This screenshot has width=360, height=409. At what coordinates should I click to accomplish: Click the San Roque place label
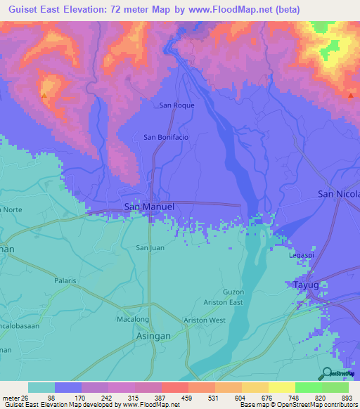[176, 105]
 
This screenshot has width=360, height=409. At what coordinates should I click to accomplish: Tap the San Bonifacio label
[166, 137]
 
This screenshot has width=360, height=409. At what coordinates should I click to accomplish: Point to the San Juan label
[150, 247]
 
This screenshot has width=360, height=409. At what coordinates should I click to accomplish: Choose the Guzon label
[233, 292]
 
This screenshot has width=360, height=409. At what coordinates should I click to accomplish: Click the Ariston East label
[224, 302]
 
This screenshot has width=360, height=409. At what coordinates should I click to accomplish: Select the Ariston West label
[204, 320]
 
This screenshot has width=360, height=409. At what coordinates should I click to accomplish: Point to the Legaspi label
[302, 255]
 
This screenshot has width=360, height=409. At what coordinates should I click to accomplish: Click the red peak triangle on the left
[44, 95]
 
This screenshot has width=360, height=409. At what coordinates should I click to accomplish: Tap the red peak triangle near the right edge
[350, 95]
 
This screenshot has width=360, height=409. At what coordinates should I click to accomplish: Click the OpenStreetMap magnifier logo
[326, 373]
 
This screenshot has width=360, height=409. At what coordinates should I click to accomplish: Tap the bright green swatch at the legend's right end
[335, 387]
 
